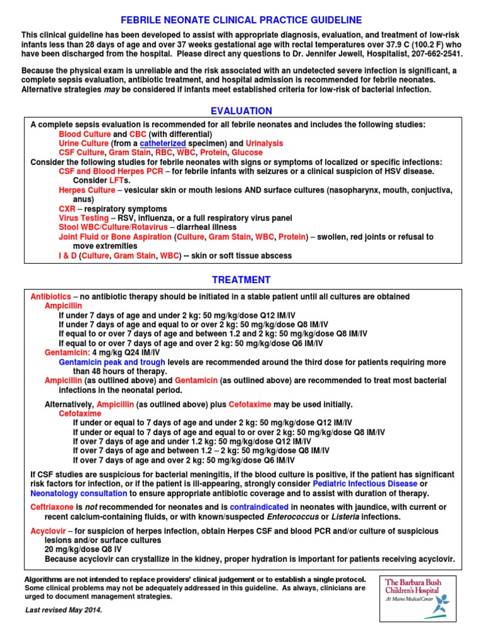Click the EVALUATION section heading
click(x=241, y=111)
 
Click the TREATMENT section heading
click(x=241, y=280)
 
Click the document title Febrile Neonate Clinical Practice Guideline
click(x=241, y=20)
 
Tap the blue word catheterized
click(x=163, y=144)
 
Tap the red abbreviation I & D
click(x=67, y=256)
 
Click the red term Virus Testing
click(x=84, y=218)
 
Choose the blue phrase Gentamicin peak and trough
click(x=112, y=362)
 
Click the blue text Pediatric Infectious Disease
click(x=365, y=484)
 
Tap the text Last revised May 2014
click(x=64, y=610)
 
